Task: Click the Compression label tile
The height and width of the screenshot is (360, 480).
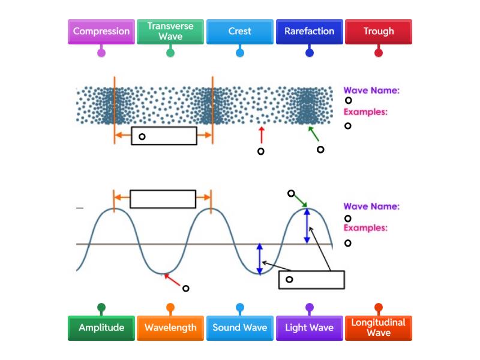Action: tap(101, 31)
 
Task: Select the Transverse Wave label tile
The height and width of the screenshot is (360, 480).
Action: tap(170, 31)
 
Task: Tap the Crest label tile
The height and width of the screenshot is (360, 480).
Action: tap(240, 31)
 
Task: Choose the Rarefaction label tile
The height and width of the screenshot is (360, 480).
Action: tap(309, 31)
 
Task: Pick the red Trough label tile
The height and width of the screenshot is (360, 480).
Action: tap(379, 31)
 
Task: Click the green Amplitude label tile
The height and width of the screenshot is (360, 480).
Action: tap(101, 328)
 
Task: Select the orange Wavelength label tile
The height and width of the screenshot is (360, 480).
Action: tap(170, 328)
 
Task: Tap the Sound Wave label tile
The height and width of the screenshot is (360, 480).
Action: tap(240, 328)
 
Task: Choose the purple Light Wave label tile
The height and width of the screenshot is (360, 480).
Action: tap(309, 328)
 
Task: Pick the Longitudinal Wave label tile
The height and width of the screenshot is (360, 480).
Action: tap(379, 328)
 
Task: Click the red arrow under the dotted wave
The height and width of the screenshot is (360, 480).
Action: tap(261, 135)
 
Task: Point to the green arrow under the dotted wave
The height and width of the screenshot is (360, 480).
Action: tap(314, 134)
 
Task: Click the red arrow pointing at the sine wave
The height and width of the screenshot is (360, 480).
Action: tap(173, 280)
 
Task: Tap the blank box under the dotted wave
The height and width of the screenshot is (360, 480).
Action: tap(164, 136)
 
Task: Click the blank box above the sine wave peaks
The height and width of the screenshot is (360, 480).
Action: tap(163, 199)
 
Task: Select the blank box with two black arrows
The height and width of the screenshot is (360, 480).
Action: tap(311, 280)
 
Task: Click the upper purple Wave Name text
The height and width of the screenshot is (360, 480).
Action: tap(371, 91)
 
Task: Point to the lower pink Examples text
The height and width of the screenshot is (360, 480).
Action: tap(365, 228)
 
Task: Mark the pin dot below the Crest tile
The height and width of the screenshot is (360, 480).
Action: tap(240, 53)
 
